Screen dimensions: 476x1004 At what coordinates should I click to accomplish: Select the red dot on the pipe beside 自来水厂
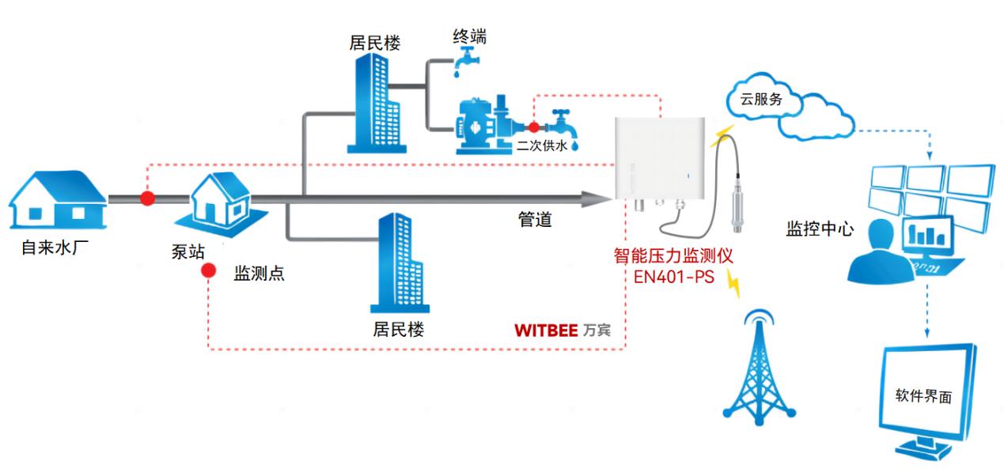[147, 198]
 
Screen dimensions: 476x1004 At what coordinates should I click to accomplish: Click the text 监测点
[259, 274]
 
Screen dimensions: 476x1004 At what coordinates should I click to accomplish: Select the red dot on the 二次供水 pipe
[534, 127]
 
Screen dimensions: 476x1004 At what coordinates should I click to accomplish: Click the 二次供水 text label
[542, 145]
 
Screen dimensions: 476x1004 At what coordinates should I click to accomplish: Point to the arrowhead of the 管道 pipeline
[598, 198]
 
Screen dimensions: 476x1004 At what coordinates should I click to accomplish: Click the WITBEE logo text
[546, 330]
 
